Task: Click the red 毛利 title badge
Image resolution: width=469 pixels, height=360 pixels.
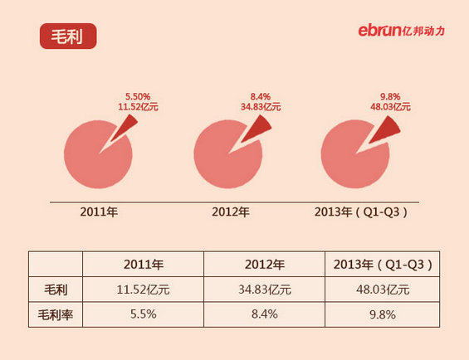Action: click(x=68, y=36)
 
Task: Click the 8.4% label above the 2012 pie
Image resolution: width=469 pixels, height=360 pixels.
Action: click(x=261, y=96)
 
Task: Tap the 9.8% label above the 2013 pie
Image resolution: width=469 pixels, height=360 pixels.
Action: click(x=390, y=96)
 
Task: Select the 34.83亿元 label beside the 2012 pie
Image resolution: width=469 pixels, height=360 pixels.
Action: click(x=261, y=107)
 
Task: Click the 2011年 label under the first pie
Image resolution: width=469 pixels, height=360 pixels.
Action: click(x=99, y=212)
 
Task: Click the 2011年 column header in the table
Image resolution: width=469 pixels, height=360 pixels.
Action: click(x=143, y=265)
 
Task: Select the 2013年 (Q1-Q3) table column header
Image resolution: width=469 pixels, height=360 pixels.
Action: click(x=383, y=265)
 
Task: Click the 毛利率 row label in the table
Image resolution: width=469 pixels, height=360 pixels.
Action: click(x=56, y=314)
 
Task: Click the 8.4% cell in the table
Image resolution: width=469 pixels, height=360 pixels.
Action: click(x=264, y=314)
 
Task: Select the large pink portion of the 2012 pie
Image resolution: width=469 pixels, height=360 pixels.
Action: click(x=224, y=158)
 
